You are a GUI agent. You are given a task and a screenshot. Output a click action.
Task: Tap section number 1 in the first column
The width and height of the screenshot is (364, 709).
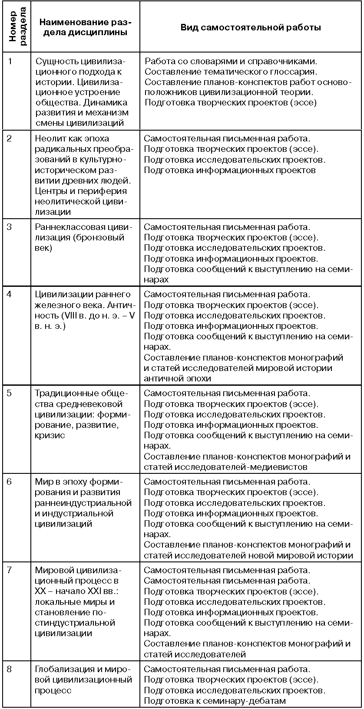(11, 61)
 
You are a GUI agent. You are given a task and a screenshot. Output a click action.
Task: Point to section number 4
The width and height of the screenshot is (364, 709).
(11, 295)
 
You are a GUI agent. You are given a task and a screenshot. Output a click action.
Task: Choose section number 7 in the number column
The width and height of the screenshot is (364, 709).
(11, 570)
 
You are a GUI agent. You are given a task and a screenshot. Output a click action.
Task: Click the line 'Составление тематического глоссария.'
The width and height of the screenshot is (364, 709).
(231, 72)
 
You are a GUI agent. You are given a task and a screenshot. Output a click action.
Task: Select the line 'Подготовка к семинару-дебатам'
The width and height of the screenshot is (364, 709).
(215, 700)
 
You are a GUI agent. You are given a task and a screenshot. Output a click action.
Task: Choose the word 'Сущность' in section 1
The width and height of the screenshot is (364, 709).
(54, 61)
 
